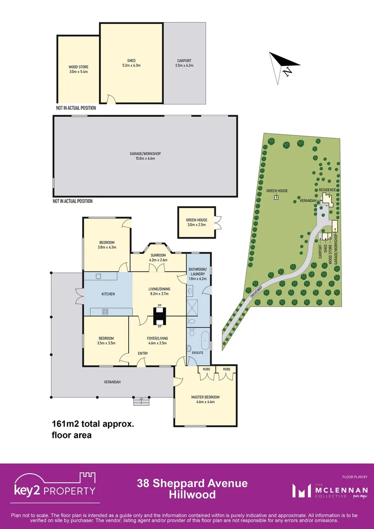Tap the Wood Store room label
(78, 67)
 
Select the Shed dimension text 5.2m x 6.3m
(131, 65)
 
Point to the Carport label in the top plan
(184, 61)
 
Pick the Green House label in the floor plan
(196, 220)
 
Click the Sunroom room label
(158, 255)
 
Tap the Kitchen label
(108, 294)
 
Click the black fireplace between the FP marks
(160, 316)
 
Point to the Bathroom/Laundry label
(198, 272)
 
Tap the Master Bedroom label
(205, 397)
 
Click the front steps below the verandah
(141, 401)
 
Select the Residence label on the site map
(327, 189)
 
